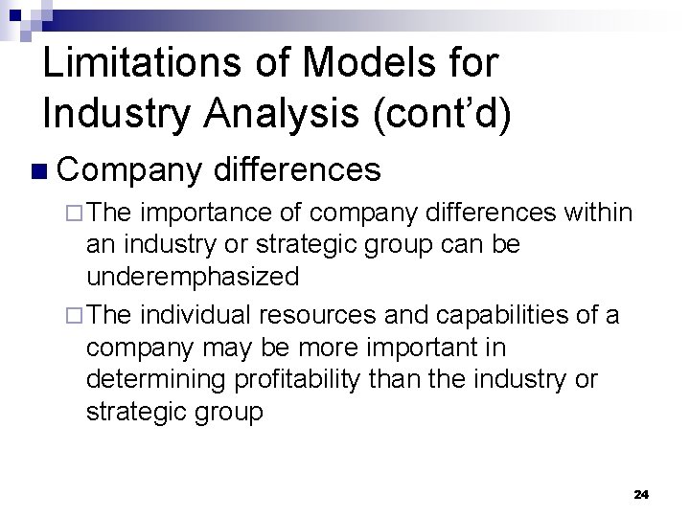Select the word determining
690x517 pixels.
(150, 380)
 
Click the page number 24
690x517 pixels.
(641, 495)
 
